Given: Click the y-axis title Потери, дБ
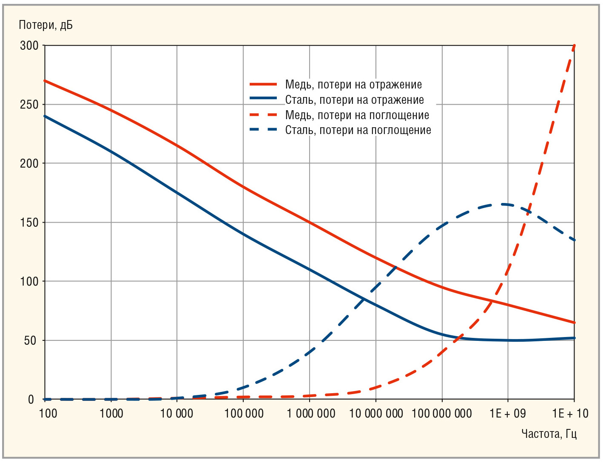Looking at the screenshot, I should click(x=46, y=25).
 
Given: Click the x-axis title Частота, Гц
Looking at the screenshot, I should click(x=549, y=434).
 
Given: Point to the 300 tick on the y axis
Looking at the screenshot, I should click(x=29, y=46).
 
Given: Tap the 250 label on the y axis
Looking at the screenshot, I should click(x=29, y=105).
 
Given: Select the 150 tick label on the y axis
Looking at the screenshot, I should click(x=29, y=223).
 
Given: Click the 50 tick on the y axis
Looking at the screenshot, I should click(x=31, y=340).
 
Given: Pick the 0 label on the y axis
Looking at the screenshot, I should click(x=31, y=400).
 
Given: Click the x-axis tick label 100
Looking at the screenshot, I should click(x=48, y=413).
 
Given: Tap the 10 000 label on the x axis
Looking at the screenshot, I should click(x=176, y=413).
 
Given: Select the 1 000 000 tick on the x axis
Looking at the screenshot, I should click(x=311, y=413).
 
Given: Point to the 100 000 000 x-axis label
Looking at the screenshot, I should click(x=442, y=413).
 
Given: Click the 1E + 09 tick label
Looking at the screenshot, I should click(x=508, y=413).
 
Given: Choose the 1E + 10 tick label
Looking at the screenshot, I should click(x=570, y=413).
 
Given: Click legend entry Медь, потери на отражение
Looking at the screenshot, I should click(x=353, y=85).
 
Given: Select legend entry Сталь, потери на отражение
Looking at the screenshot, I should click(x=355, y=100).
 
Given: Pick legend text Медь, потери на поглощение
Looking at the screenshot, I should click(x=357, y=115).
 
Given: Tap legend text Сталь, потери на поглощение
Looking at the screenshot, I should click(x=358, y=130).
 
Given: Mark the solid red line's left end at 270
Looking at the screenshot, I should click(x=45, y=80).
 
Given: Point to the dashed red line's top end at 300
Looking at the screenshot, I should click(x=574, y=46).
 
